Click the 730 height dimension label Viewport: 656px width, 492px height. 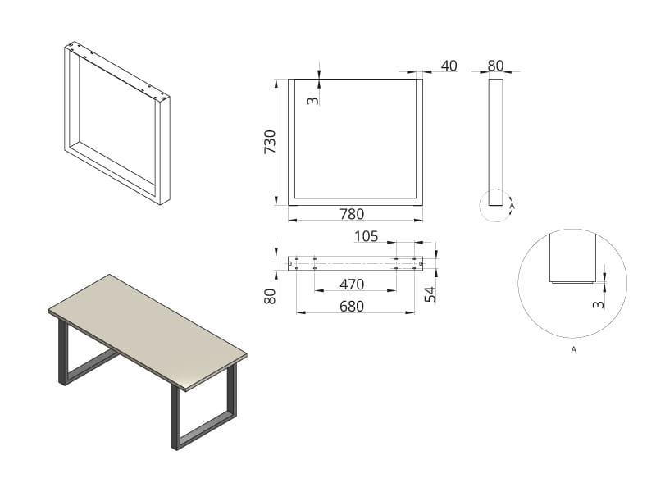pos(271,142)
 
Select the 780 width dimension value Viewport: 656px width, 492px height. pos(352,214)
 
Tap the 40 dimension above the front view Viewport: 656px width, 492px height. pos(449,66)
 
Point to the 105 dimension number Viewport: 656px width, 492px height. pos(366,236)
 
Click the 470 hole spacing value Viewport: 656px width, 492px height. pos(352,285)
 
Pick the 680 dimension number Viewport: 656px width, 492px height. pos(352,307)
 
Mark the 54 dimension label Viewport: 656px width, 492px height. pos(430,294)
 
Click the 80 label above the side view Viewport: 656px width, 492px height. pos(495,66)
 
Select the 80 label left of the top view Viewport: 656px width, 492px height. pos(271,297)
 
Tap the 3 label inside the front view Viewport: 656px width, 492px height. pos(313,100)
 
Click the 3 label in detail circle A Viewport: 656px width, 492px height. pos(599,304)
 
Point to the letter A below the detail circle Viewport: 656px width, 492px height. pos(573,350)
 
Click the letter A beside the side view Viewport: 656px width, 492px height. pos(512,206)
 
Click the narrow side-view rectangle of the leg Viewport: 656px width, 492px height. pos(496,142)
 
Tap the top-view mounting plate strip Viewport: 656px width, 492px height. pos(355,263)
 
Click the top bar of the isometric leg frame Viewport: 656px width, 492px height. pos(117,71)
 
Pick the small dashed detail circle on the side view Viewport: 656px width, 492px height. pos(479,206)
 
